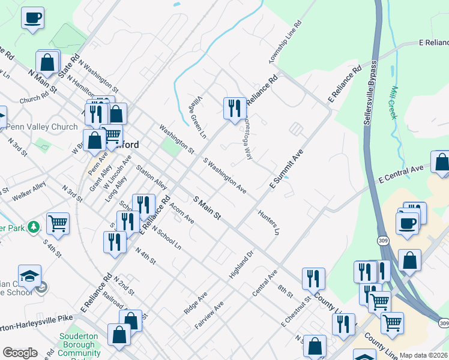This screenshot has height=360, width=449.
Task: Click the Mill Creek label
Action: (x=394, y=103)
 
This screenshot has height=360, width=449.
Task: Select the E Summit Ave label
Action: (x=286, y=169)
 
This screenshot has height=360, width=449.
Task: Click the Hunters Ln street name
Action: (x=268, y=221)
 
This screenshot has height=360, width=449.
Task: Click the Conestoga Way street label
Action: (x=246, y=136)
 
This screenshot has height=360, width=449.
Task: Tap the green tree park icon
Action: (x=35, y=227)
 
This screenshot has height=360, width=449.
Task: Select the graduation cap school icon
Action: (x=30, y=276)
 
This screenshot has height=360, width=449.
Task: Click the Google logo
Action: (x=20, y=353)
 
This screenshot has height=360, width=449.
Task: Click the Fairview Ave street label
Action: (x=209, y=313)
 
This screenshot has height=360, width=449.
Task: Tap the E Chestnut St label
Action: (x=295, y=311)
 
